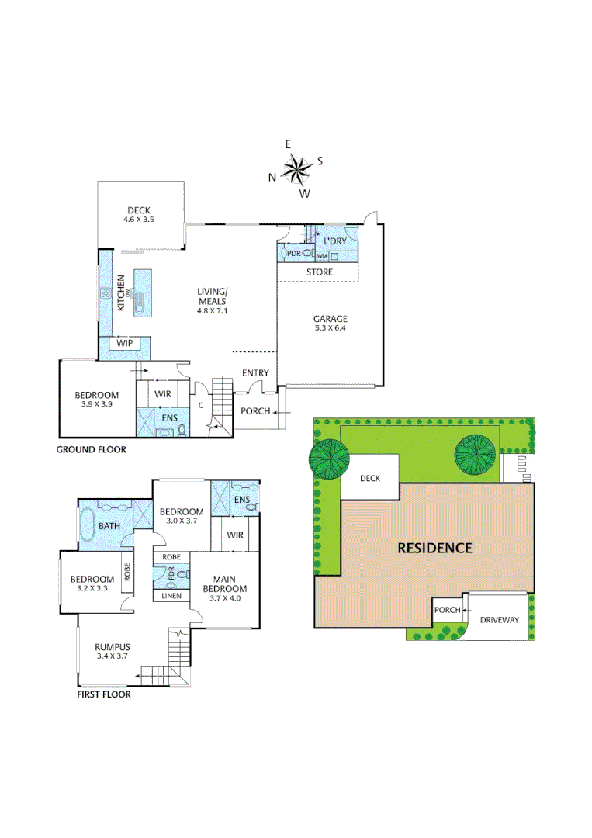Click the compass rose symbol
pos(296,168)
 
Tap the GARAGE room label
pos(330,319)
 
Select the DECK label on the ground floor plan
pos(139,210)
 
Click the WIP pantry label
pos(124,343)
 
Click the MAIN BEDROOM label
pos(226,582)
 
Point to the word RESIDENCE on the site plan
pos(434,548)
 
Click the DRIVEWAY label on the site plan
pos(500,620)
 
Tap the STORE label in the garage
pos(320,272)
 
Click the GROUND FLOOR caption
pos(91,449)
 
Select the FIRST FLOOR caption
pos(103,694)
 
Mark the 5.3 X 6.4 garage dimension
pos(330,329)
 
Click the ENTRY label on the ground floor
pos(255,373)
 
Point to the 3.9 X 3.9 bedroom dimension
pos(97,403)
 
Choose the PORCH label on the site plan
pos(447,610)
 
